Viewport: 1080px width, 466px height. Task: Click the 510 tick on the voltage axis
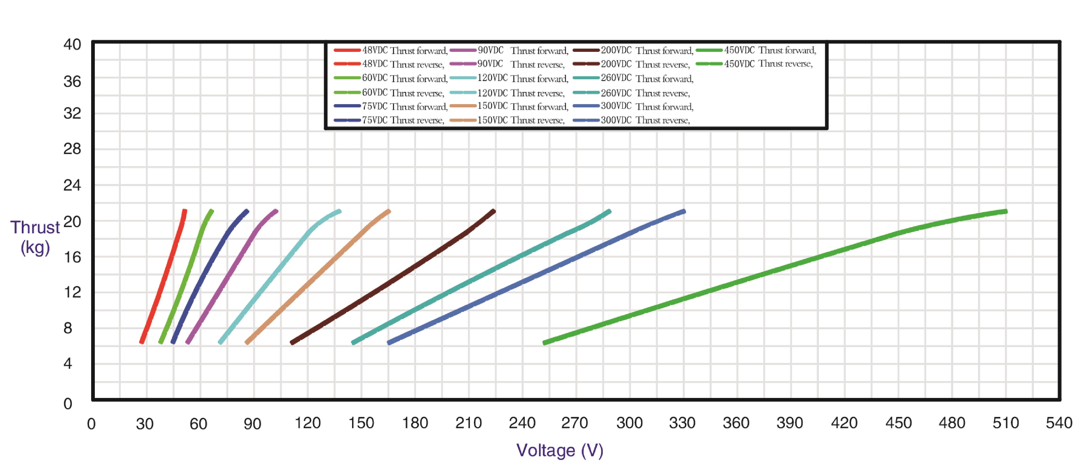point(1005,423)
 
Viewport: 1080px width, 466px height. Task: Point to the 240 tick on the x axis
point(522,423)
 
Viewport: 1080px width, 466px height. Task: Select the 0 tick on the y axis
point(68,404)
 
